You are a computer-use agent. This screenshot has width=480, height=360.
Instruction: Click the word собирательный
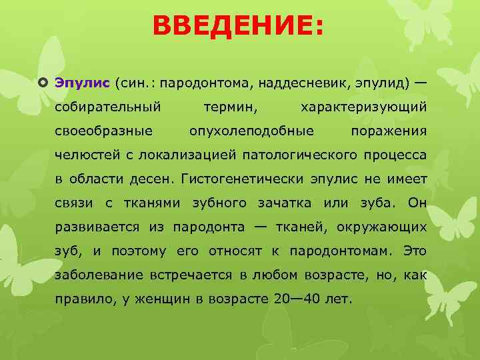[x=108, y=107]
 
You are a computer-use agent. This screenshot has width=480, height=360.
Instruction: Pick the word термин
[x=231, y=107]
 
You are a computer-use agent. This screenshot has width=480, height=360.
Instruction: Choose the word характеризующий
[x=364, y=107]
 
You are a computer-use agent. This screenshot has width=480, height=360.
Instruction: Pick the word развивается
[x=97, y=227]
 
